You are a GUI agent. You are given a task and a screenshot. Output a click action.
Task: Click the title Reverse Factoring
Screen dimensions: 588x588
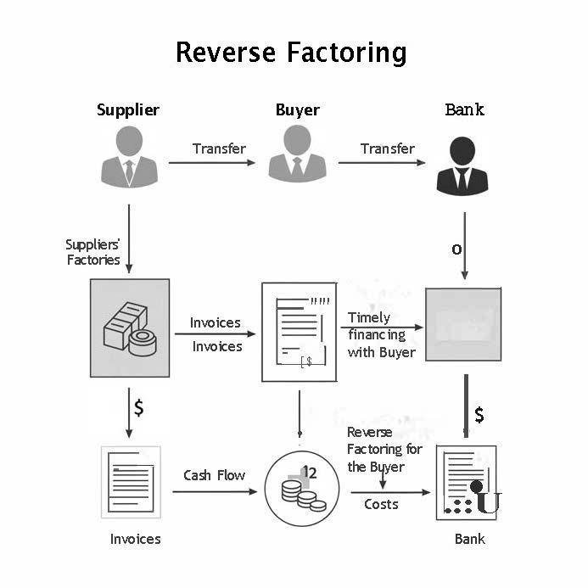tap(291, 53)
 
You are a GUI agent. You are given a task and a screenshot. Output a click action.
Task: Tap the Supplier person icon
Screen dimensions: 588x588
tap(128, 156)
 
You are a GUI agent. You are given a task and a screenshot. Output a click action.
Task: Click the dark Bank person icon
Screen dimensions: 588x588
tap(463, 165)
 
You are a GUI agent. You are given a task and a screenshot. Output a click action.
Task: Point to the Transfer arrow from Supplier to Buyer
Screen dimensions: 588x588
tap(212, 162)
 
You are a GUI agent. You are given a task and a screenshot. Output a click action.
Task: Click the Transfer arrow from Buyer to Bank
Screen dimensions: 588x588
tap(382, 162)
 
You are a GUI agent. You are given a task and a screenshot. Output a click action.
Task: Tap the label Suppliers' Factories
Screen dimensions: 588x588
tap(93, 252)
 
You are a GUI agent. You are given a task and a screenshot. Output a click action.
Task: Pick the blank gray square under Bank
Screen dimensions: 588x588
tap(462, 325)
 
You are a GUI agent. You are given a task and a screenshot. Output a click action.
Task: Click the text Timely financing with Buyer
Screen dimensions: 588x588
tap(382, 334)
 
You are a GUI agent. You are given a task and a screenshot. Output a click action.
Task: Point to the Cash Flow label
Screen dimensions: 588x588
tap(214, 475)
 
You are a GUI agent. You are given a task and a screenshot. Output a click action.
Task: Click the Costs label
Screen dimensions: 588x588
tap(382, 504)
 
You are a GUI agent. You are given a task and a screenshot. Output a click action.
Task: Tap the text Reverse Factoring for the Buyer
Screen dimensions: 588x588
tap(384, 450)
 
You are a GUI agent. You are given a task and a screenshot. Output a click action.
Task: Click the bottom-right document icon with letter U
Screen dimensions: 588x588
tap(466, 484)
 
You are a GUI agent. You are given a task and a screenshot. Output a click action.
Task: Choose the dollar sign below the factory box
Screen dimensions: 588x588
tap(138, 408)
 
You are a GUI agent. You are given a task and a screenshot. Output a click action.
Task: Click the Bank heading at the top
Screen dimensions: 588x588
tap(464, 109)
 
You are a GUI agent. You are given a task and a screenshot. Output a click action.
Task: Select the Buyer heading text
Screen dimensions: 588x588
tap(297, 109)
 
